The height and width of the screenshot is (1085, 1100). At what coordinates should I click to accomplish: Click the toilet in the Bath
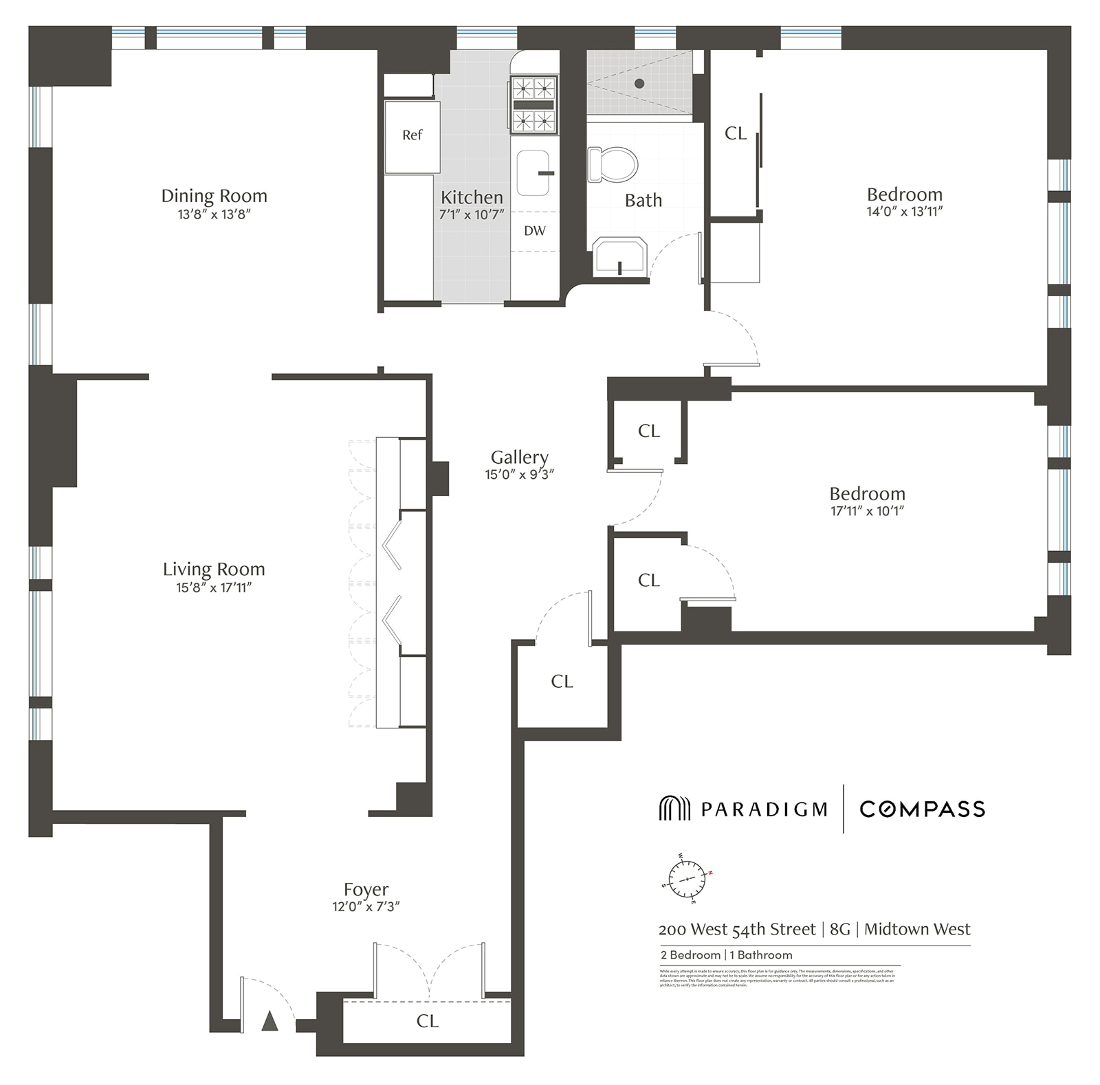tap(614, 164)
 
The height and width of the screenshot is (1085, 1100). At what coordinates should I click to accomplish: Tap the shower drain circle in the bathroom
tap(639, 83)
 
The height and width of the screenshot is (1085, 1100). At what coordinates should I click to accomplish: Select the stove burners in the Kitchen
tap(533, 105)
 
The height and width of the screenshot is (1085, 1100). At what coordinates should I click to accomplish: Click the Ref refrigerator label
tap(412, 135)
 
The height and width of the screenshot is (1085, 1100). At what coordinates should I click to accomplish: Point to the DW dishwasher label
tap(535, 231)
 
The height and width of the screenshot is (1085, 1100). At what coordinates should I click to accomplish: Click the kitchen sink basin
tap(533, 172)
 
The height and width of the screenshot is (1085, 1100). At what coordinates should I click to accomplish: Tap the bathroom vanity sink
tap(619, 256)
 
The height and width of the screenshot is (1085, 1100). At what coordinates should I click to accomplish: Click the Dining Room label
tap(214, 196)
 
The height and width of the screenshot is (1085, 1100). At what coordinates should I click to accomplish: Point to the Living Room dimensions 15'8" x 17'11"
tap(214, 588)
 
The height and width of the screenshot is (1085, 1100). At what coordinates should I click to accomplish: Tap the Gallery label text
tap(519, 457)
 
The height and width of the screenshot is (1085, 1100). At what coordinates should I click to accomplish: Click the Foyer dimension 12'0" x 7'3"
tap(366, 906)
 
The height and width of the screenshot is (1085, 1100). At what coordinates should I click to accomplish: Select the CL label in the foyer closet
tap(427, 1021)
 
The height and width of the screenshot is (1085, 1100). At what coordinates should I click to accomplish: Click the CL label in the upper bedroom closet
tap(735, 133)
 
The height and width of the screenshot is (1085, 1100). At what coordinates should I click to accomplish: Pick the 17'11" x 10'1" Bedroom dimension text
tap(866, 511)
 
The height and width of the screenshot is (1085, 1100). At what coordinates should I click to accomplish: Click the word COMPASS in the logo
tap(922, 809)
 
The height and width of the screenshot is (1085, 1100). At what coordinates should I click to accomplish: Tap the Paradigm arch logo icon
tap(674, 808)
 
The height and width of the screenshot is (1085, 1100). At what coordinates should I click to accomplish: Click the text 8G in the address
tap(839, 929)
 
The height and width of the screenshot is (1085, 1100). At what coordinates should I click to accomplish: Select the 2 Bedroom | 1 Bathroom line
tap(726, 954)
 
